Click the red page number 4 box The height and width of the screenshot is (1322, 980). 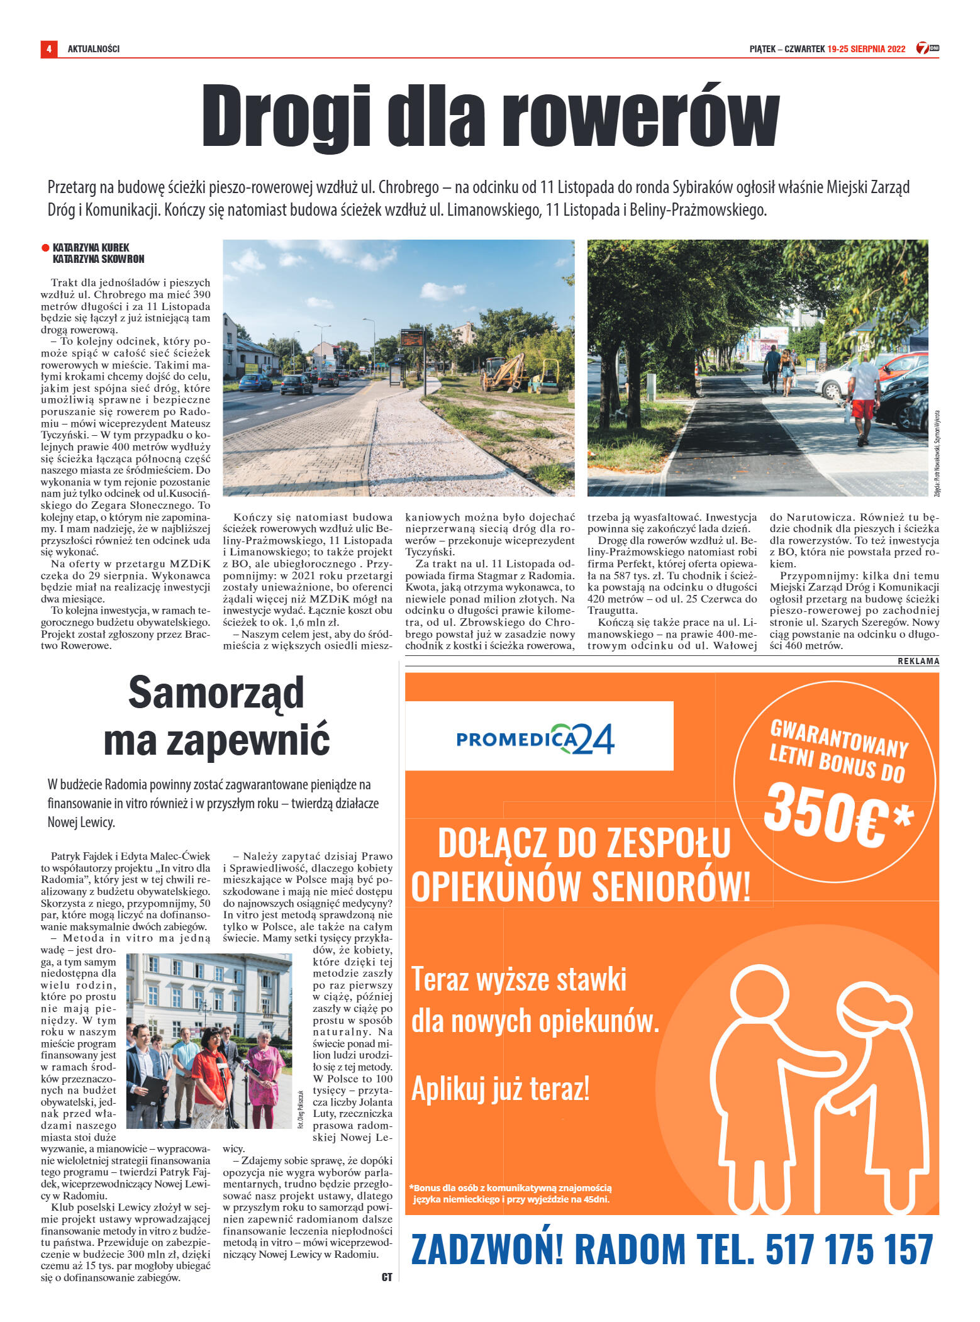(48, 48)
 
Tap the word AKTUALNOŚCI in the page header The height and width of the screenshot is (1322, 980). (94, 49)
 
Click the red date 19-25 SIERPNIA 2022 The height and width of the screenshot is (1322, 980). (866, 49)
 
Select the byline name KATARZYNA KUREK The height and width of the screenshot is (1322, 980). (91, 248)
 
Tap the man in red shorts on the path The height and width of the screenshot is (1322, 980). (864, 396)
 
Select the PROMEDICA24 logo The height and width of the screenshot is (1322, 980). (535, 739)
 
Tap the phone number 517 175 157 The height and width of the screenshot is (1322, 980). (849, 1250)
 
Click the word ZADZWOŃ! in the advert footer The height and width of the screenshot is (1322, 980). (487, 1250)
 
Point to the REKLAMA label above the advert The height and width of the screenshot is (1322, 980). (918, 661)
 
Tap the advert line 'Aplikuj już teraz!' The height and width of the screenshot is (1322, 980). (500, 1089)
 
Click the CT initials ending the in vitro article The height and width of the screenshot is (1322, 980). (386, 1277)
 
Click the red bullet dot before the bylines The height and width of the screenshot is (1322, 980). (45, 248)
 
